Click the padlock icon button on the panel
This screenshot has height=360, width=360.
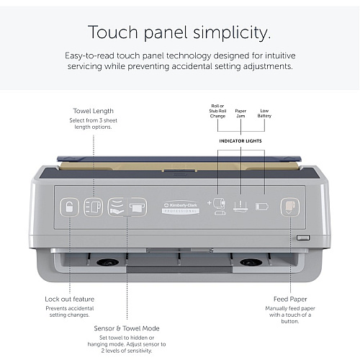(69, 207)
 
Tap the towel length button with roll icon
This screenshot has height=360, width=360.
(94, 207)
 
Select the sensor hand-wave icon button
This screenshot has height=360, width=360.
(117, 207)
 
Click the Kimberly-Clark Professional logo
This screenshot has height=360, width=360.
(181, 207)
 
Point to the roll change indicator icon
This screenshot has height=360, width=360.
(217, 206)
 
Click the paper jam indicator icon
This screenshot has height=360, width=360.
(240, 207)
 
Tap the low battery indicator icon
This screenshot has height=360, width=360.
(262, 207)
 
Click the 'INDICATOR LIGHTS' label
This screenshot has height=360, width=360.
(240, 141)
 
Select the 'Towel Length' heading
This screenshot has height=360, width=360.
(93, 111)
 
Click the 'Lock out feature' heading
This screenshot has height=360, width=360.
(70, 299)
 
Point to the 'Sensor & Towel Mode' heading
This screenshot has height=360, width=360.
(127, 328)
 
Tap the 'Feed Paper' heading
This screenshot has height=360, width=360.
(290, 299)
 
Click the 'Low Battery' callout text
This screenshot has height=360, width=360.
(264, 113)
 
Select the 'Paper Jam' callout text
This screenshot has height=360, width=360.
(240, 113)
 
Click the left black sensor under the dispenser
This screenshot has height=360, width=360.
(108, 262)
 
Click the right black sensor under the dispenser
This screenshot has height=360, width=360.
(251, 262)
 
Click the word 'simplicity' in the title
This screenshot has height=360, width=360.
(232, 32)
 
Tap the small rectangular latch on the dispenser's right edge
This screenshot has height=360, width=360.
(303, 238)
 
